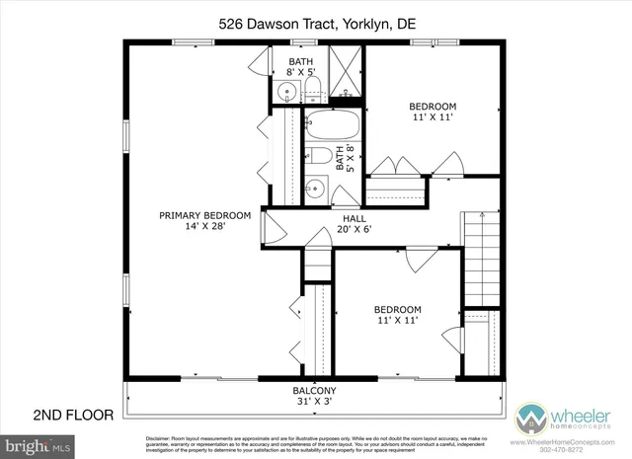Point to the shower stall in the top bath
click(345, 75)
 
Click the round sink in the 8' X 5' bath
click(285, 94)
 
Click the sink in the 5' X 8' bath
click(314, 188)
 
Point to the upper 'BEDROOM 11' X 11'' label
click(432, 112)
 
